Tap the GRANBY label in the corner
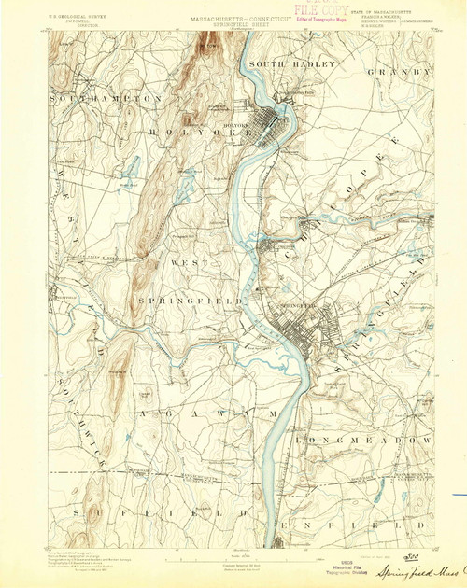tap(401, 71)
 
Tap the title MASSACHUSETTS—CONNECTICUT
tap(230, 9)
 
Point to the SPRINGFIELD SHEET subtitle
tap(230, 16)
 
